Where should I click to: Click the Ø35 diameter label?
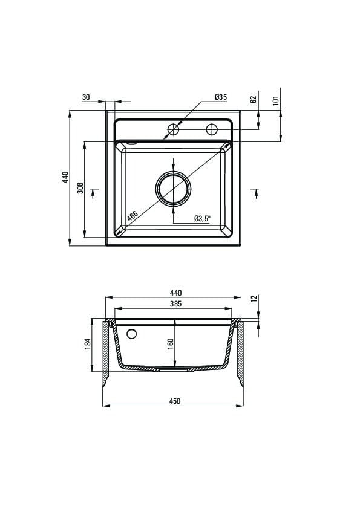(x=221, y=97)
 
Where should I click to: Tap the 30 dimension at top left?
(x=86, y=97)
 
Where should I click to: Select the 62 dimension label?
(x=254, y=99)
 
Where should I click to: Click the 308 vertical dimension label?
(x=80, y=188)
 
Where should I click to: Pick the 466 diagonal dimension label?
(x=133, y=216)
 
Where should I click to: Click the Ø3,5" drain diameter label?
(x=203, y=218)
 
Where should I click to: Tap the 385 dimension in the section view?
(x=175, y=304)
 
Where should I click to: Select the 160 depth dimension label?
(x=170, y=344)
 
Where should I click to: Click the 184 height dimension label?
(x=87, y=344)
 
